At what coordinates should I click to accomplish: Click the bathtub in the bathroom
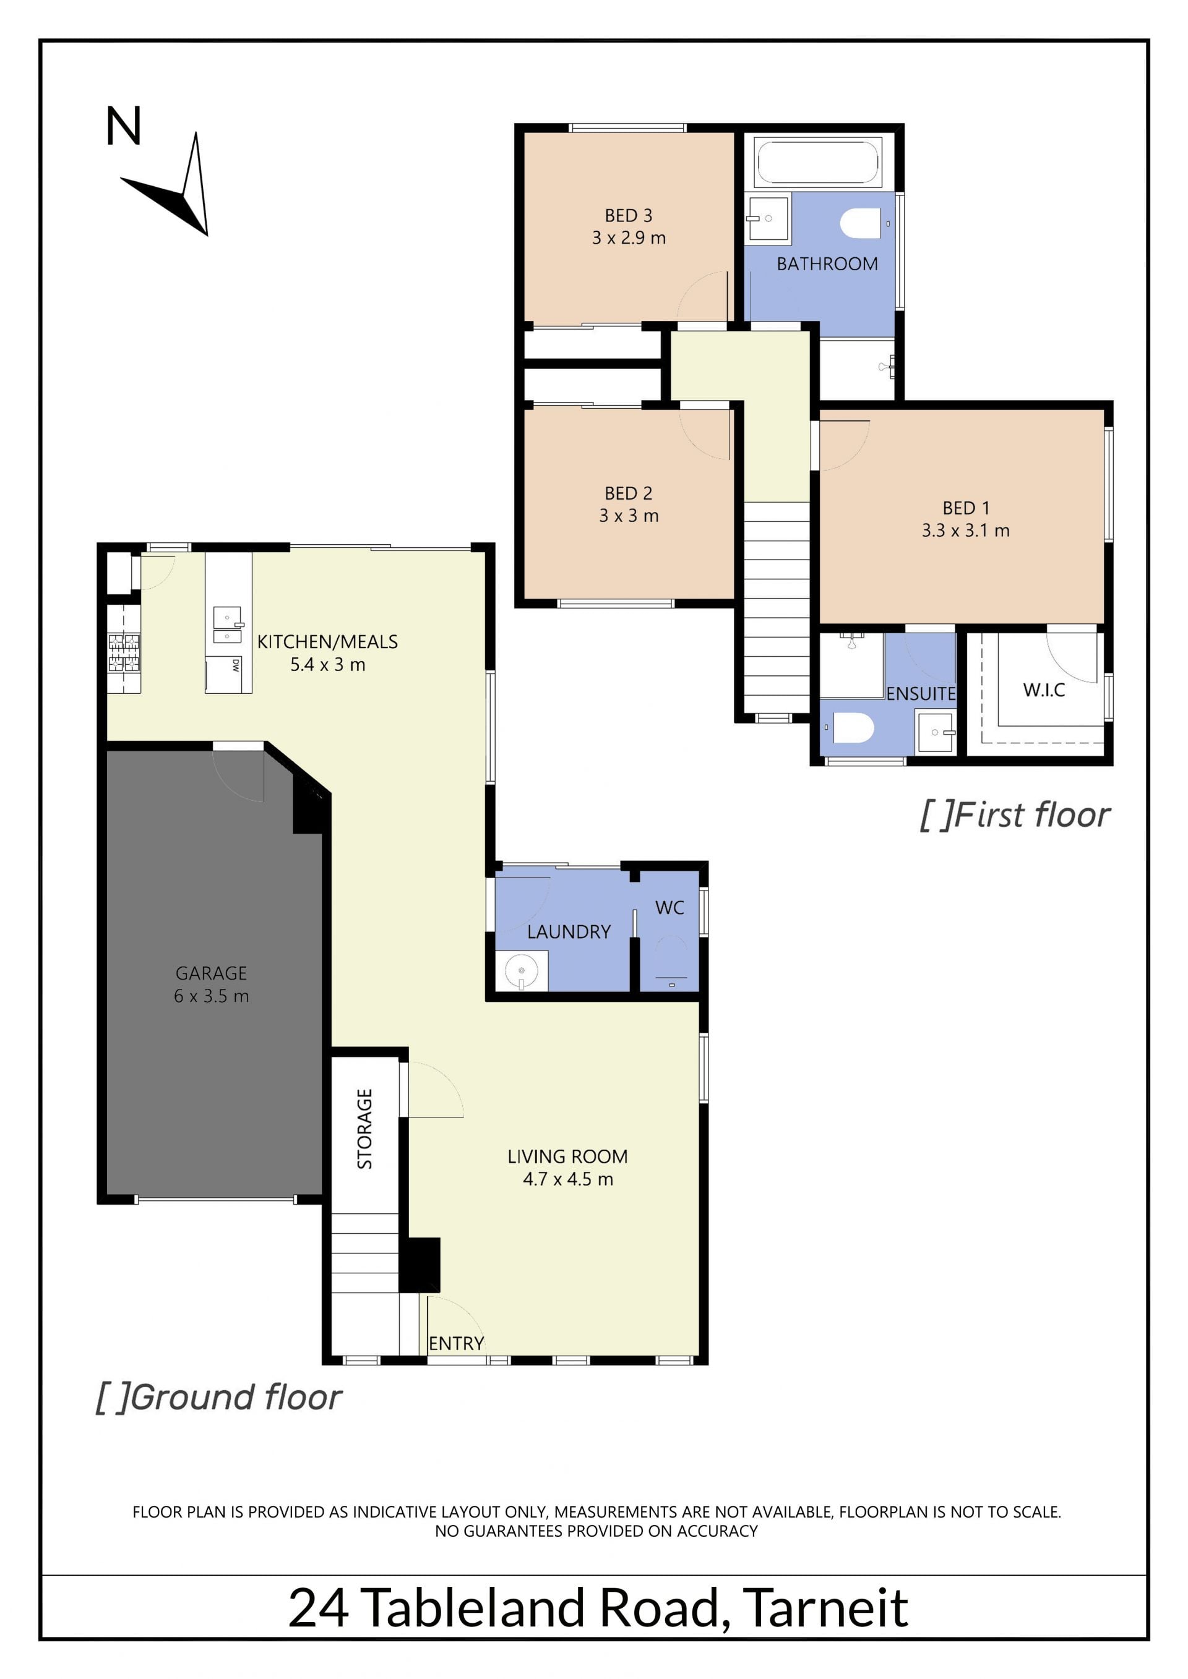(817, 161)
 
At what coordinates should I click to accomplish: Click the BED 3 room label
(629, 216)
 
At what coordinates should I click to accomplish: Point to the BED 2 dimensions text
(629, 516)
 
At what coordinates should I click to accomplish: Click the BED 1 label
(966, 508)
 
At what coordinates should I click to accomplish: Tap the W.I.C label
(1044, 690)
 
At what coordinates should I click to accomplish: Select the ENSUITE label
(921, 694)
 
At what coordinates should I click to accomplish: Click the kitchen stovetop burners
(124, 652)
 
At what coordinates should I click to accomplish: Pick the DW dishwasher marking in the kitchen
(236, 665)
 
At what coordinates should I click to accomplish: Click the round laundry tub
(522, 970)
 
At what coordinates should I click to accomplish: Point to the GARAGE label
(212, 973)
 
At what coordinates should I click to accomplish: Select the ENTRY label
(457, 1343)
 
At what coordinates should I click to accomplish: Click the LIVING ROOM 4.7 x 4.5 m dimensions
(567, 1179)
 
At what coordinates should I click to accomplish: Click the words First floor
(1031, 814)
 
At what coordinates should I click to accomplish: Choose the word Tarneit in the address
(825, 1608)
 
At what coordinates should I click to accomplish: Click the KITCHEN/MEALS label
(328, 641)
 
